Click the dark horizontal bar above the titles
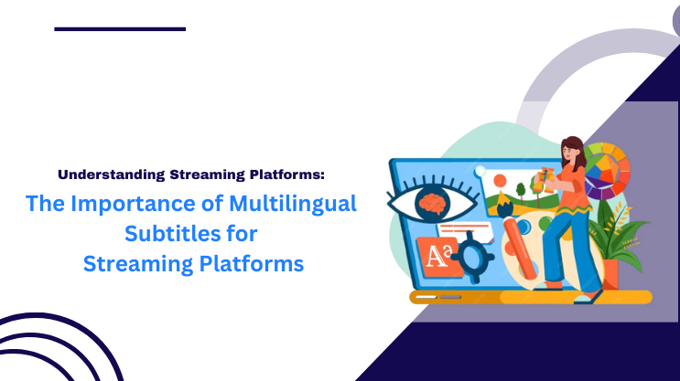pyautogui.click(x=120, y=28)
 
